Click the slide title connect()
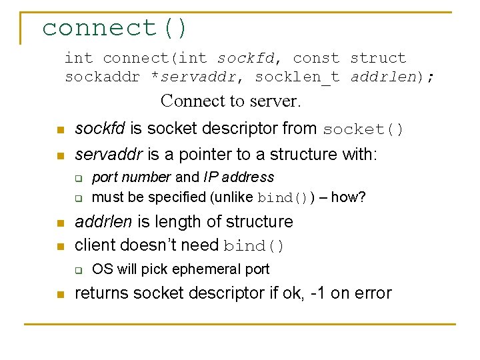115,28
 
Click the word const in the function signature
316,59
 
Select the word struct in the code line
378,59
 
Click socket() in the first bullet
363,129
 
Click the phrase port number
131,177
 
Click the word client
94,245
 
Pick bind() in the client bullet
254,246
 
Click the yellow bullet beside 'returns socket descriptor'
60,294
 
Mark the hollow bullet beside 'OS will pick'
77,270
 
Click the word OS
101,269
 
